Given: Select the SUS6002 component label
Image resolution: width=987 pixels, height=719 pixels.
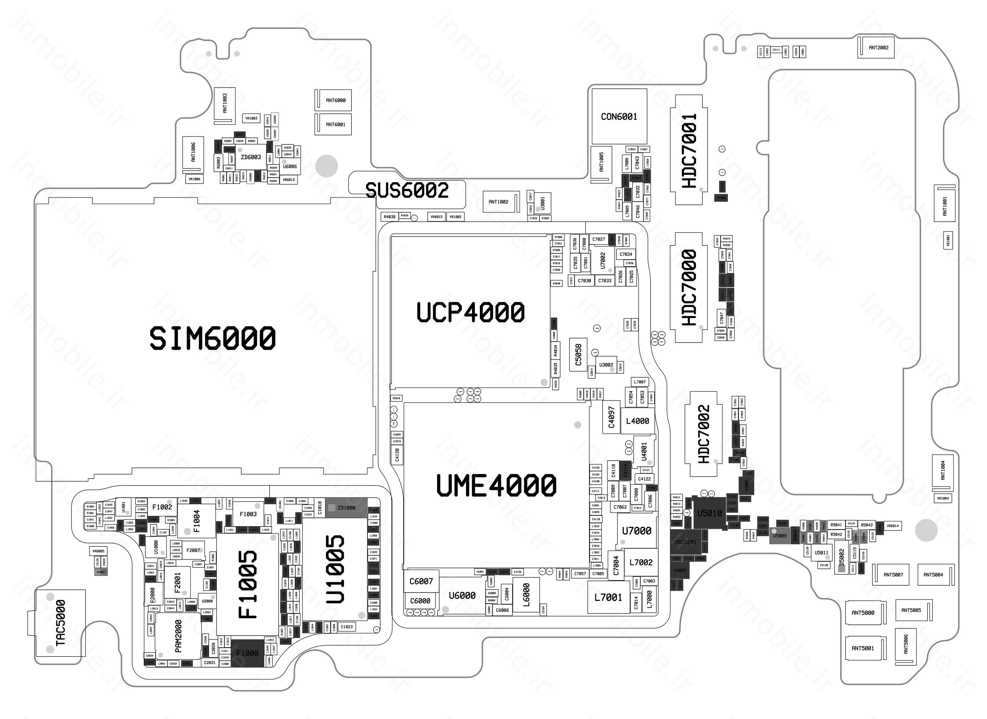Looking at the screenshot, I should (407, 191).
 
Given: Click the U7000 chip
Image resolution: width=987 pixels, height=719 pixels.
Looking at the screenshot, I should (636, 531).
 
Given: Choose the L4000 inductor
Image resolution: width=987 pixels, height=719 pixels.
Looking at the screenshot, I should (637, 421).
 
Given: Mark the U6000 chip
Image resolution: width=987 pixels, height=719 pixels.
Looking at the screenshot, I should (462, 595).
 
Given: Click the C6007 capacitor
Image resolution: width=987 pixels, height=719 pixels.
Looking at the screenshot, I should (421, 581).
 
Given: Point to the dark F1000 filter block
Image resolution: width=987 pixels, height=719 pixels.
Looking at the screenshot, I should (247, 653).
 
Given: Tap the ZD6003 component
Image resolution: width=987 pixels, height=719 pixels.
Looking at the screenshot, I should (251, 157).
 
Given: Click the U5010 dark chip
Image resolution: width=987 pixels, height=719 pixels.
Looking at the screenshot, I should (709, 513).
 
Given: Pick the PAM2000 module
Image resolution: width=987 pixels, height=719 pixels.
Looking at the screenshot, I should (178, 636).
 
